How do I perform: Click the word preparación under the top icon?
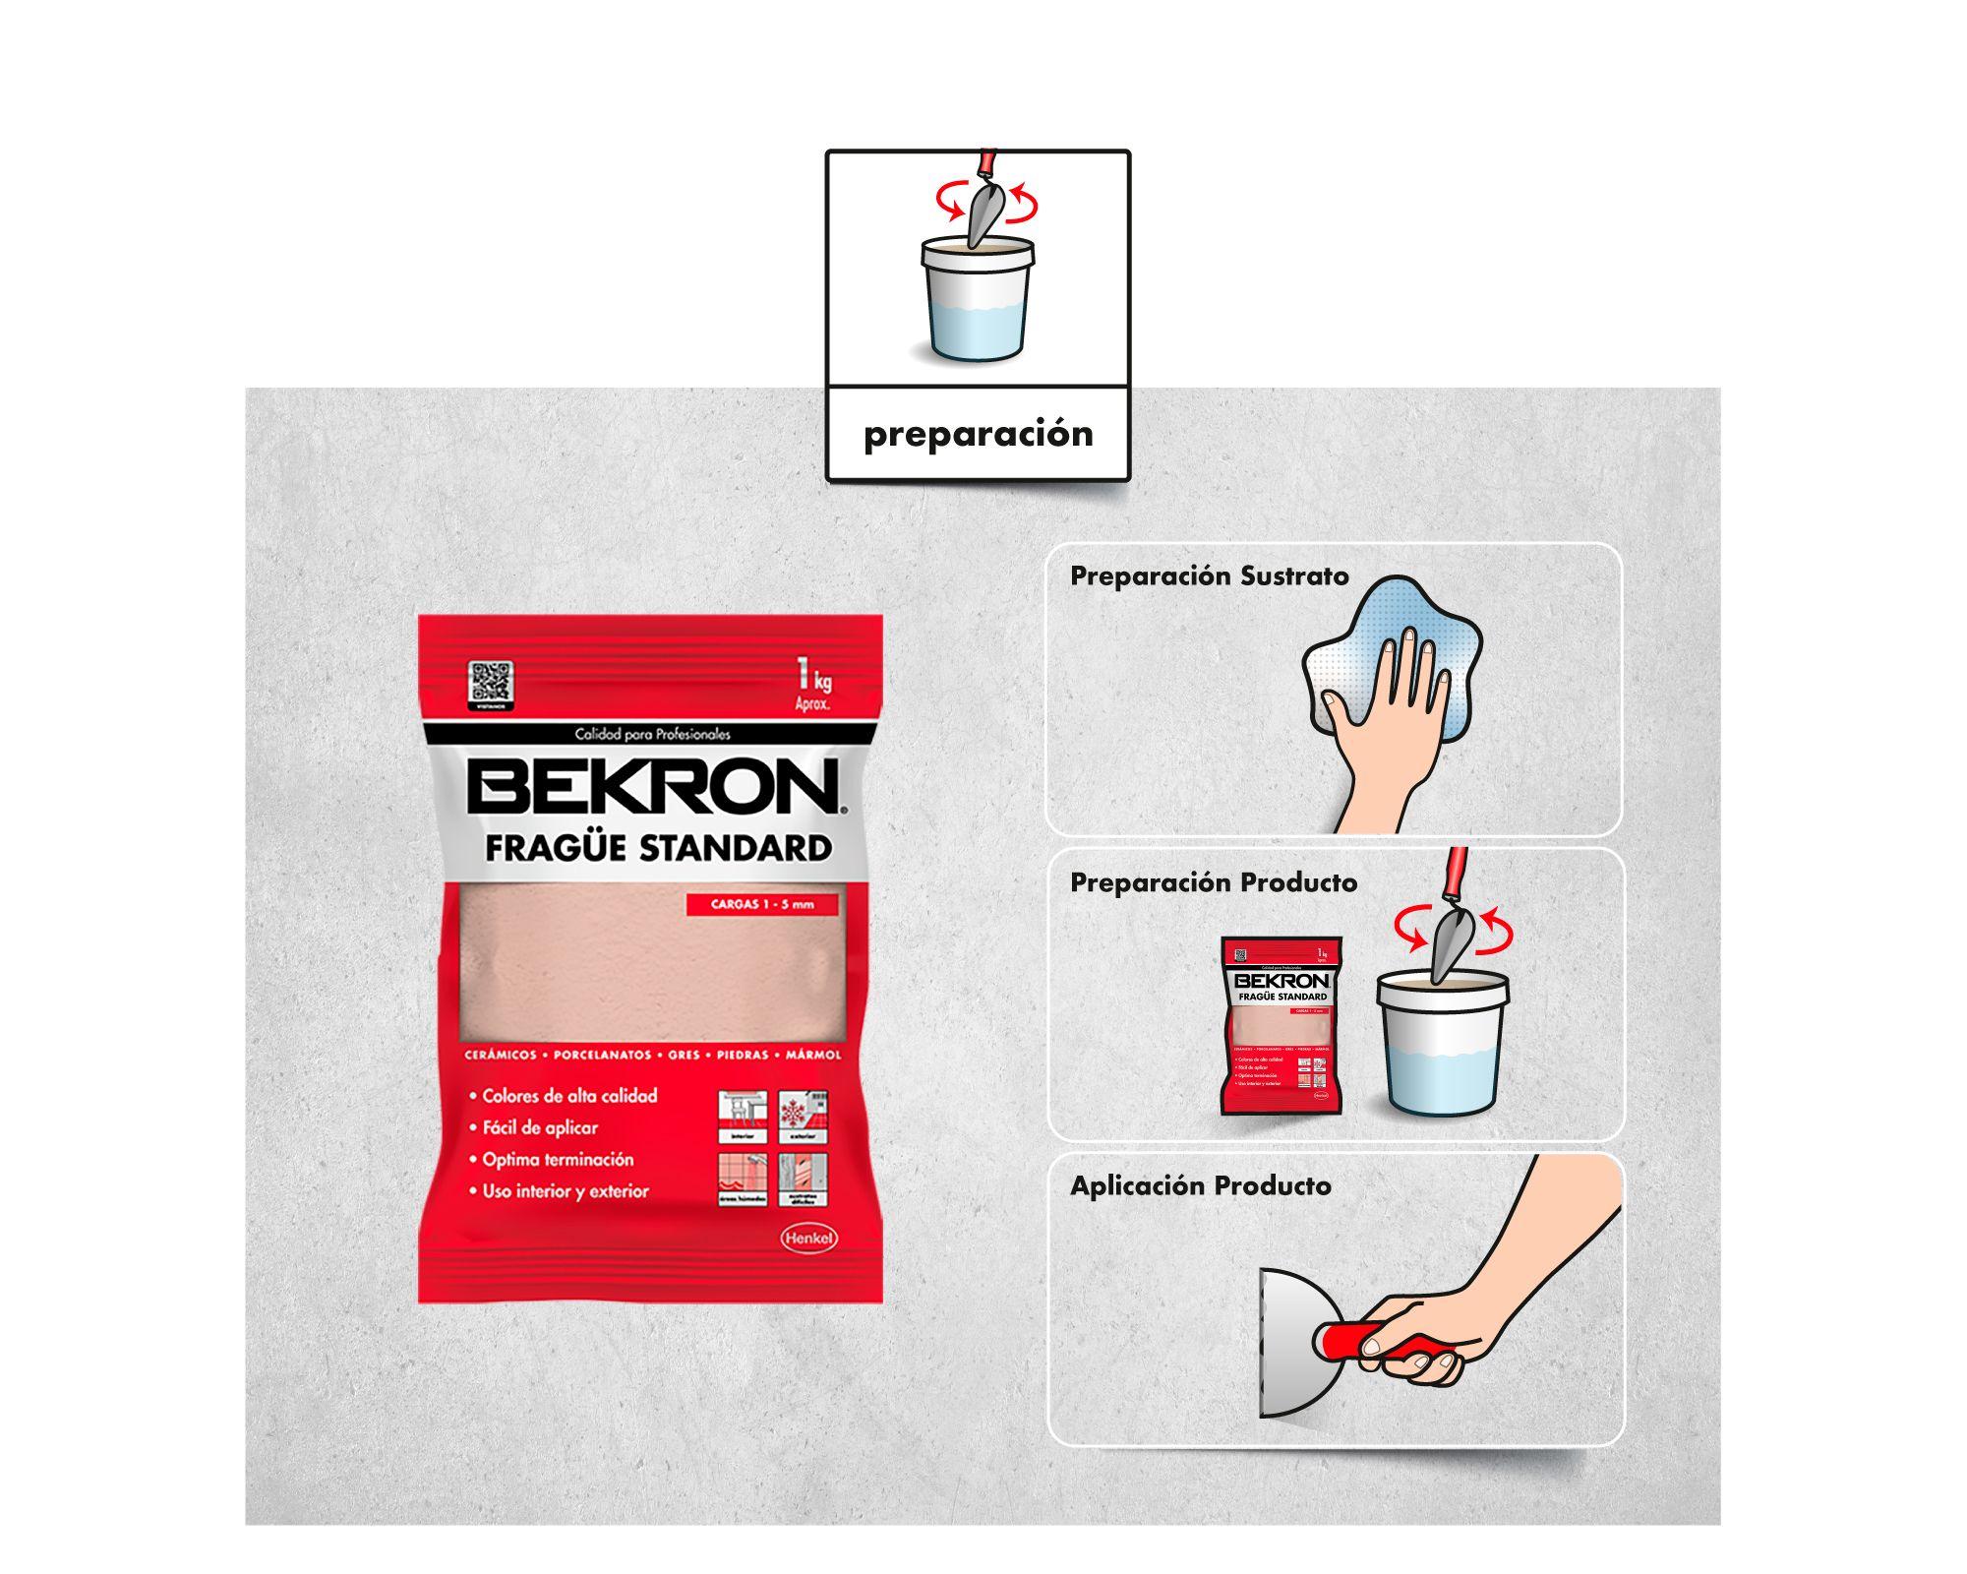[x=978, y=434]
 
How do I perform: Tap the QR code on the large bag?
[x=490, y=683]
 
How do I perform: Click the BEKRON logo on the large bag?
[x=653, y=788]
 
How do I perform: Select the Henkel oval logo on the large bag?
[x=808, y=1238]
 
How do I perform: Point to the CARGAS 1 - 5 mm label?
[x=762, y=904]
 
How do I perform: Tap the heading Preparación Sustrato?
[x=1209, y=576]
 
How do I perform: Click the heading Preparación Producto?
[x=1213, y=882]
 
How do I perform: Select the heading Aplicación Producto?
[x=1200, y=1185]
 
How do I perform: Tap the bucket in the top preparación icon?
[x=977, y=300]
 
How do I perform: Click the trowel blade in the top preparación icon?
[x=984, y=212]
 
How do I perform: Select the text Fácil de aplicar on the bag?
[x=539, y=1127]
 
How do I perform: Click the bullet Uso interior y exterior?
[x=565, y=1191]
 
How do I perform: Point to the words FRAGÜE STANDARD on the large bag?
[x=658, y=848]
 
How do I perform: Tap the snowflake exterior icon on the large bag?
[x=803, y=1117]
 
